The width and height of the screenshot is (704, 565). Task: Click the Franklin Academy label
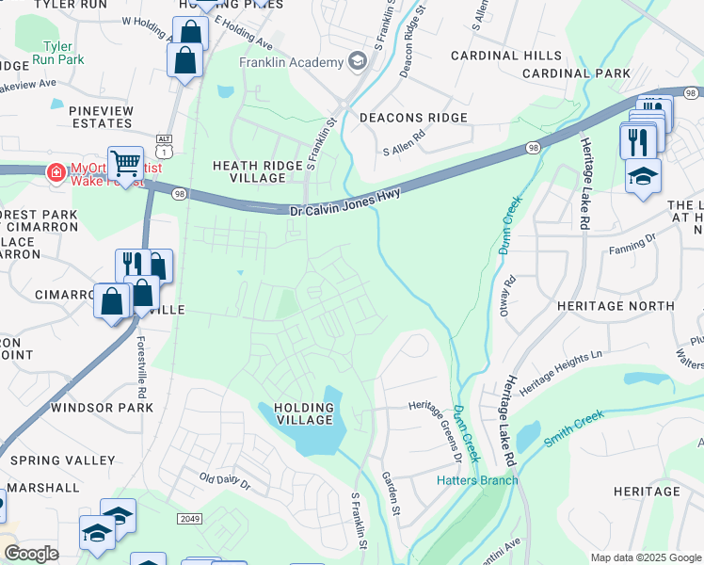(291, 62)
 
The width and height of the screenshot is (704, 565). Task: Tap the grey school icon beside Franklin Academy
(357, 62)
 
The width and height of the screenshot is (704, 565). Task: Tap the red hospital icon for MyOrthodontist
(56, 171)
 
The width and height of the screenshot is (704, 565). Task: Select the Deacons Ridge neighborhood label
(413, 118)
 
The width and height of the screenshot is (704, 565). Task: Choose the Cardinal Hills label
(505, 56)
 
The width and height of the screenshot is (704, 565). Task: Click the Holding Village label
(303, 412)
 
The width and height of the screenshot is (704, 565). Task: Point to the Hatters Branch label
(477, 480)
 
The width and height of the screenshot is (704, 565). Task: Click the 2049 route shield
(189, 519)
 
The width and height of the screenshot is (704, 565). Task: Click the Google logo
(31, 554)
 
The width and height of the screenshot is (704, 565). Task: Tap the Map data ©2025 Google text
(645, 557)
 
